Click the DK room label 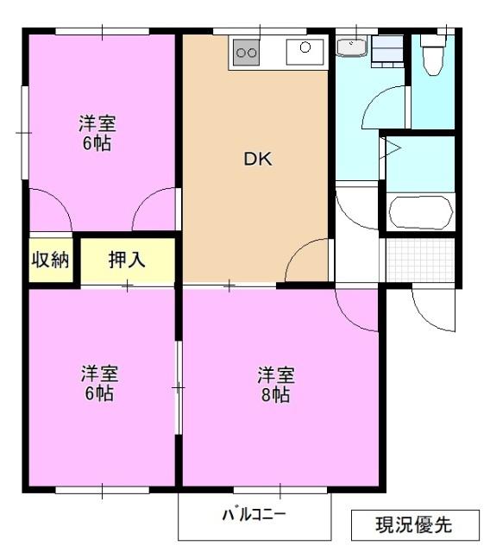(258, 159)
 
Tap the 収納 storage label (50, 260)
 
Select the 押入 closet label (127, 260)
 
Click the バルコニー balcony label (254, 515)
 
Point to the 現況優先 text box (415, 525)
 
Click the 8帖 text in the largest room (276, 395)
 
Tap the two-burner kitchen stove (247, 53)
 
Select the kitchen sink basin (305, 52)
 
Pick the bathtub (421, 212)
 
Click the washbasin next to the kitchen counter (351, 47)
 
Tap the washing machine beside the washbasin (387, 52)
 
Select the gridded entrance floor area (420, 260)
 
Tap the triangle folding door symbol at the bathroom (391, 147)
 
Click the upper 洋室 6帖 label (97, 133)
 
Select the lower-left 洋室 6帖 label (99, 383)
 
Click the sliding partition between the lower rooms (179, 387)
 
